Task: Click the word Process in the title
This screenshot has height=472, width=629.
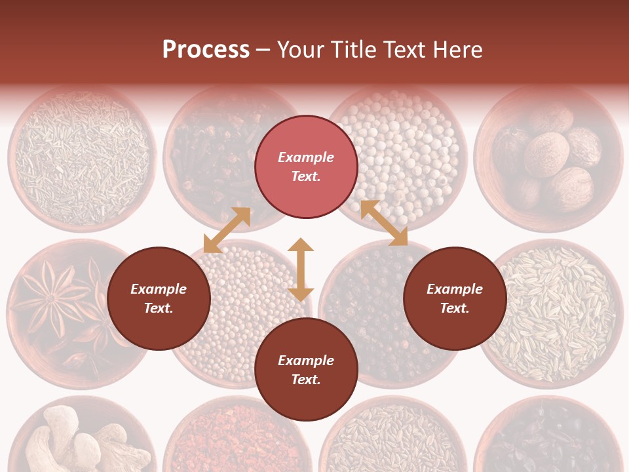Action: point(206,50)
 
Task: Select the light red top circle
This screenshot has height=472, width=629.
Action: point(306,167)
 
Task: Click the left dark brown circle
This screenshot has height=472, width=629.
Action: point(159,298)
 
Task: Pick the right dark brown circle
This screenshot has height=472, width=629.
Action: point(455,298)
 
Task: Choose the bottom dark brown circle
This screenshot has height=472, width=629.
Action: point(306,370)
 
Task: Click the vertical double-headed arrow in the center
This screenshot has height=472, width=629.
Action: point(301,269)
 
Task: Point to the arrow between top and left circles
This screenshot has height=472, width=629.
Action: point(227,230)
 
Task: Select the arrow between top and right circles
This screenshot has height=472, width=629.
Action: point(384,223)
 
